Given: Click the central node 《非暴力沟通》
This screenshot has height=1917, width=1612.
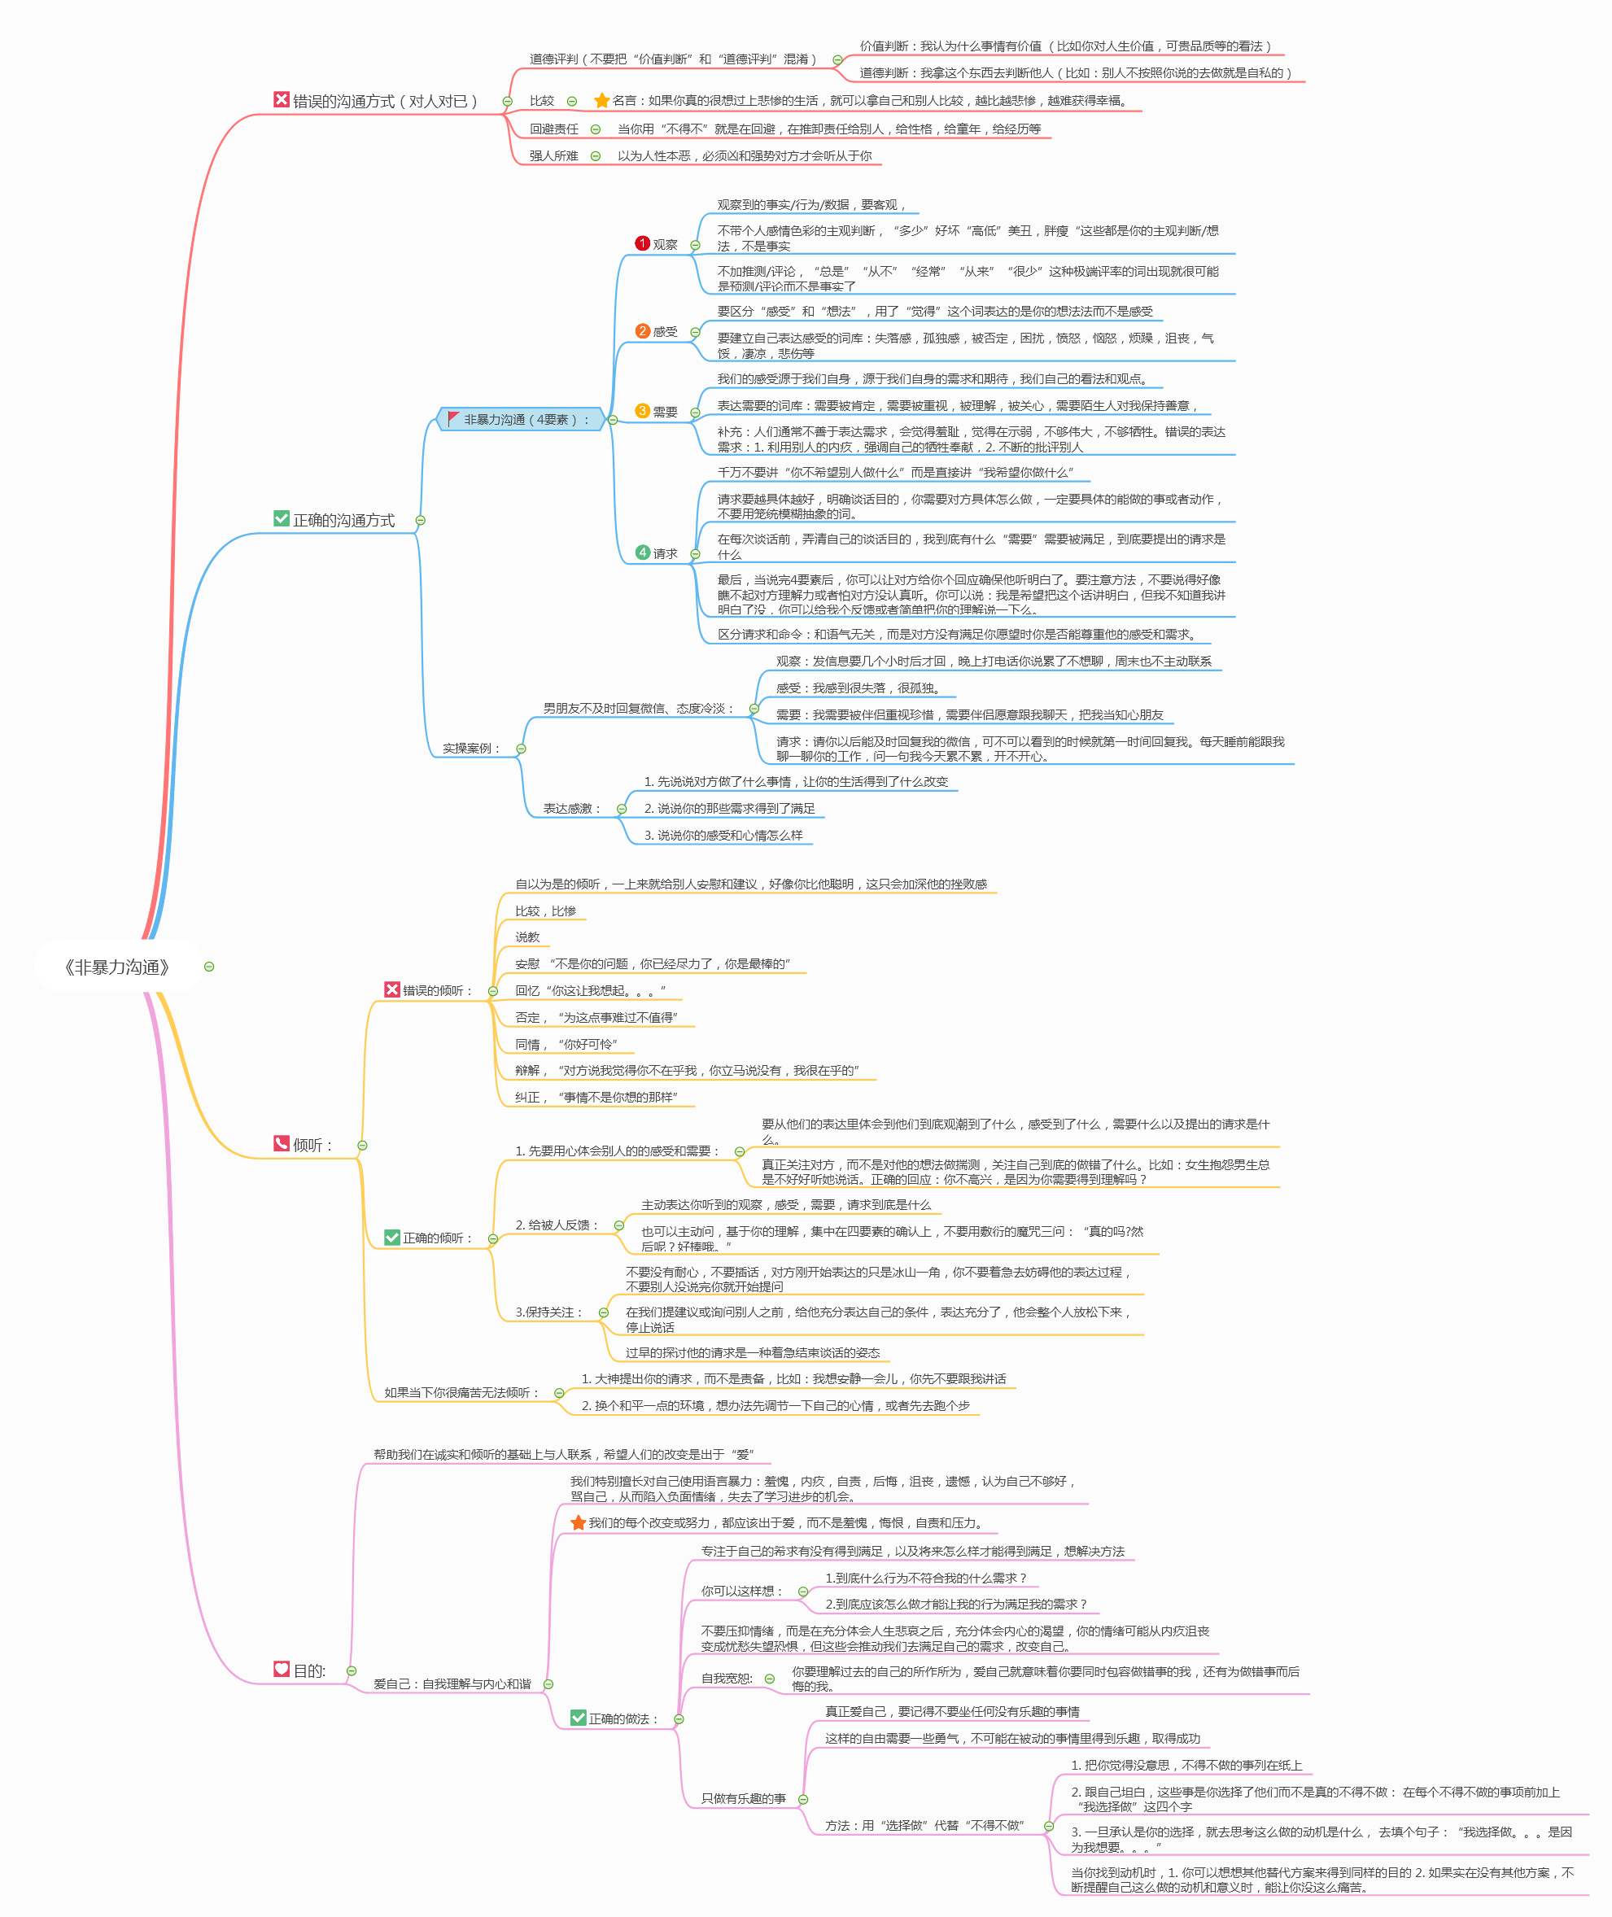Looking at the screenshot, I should point(117,967).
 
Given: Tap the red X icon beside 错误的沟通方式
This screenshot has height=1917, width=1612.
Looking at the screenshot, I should point(282,99).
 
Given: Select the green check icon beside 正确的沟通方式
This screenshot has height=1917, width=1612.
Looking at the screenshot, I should point(282,518).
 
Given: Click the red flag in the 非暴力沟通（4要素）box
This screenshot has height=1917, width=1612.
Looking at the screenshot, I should point(453,418).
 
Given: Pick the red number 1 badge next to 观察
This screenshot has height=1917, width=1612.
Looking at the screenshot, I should point(642,243).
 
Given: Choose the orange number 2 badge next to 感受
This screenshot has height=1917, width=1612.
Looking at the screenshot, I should point(642,331).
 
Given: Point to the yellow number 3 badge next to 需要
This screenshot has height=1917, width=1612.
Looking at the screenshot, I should point(642,411).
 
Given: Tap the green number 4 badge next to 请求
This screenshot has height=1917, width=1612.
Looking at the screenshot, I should point(642,552).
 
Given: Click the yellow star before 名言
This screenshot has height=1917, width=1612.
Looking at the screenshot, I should point(601,101).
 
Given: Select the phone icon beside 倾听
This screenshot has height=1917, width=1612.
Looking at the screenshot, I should point(282,1143).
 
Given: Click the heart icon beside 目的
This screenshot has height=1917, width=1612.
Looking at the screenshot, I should point(282,1669).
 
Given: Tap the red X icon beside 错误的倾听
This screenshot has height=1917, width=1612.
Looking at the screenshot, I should point(392,989).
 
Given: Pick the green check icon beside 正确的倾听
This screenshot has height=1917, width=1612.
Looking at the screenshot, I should point(392,1238).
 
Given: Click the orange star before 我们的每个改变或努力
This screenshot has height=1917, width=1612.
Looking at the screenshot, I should point(578,1522).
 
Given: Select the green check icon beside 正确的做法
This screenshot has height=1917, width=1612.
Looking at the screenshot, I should point(578,1718).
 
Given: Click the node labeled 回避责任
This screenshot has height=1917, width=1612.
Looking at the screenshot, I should point(554,129).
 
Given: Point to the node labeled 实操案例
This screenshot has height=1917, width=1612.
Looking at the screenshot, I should point(470,749).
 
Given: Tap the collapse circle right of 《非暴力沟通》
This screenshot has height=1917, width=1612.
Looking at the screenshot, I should point(209,967).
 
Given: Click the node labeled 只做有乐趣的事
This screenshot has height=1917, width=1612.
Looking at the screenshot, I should point(743,1798).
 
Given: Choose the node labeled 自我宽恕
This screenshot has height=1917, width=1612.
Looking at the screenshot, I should point(727,1679).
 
